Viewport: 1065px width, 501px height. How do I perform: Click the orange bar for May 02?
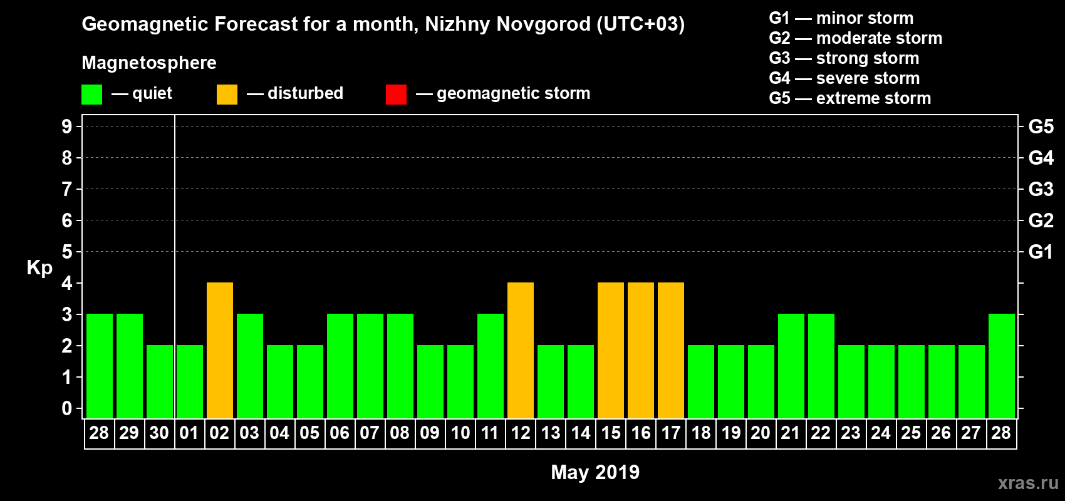[x=220, y=350]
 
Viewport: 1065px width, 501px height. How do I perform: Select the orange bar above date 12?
[x=521, y=350]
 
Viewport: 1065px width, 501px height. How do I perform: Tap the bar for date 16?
[x=641, y=350]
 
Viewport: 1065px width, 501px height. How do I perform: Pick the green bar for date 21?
[x=791, y=366]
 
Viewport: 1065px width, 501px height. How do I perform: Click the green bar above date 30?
[x=160, y=381]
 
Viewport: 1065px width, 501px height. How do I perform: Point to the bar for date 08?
[x=400, y=366]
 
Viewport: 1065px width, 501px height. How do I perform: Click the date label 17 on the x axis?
[x=671, y=433]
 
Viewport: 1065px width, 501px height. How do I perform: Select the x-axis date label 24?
[x=881, y=433]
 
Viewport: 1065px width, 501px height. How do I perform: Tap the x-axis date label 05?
[x=309, y=433]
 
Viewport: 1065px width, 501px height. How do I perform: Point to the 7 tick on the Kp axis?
[x=67, y=189]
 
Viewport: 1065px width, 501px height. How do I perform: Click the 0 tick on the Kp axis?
[x=67, y=408]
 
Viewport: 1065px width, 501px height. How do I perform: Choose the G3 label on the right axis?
[x=1041, y=189]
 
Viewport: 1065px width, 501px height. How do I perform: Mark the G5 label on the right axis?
[x=1041, y=127]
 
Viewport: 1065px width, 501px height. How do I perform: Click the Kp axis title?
[x=39, y=267]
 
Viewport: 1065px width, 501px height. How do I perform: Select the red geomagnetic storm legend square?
[x=396, y=95]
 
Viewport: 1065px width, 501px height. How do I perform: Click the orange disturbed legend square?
[x=227, y=95]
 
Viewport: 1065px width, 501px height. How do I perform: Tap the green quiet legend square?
[x=92, y=95]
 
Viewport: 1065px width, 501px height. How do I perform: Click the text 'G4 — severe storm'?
[x=844, y=78]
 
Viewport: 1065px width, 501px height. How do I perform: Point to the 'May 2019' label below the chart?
[x=595, y=472]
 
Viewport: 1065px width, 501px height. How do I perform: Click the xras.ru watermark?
[x=1028, y=483]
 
